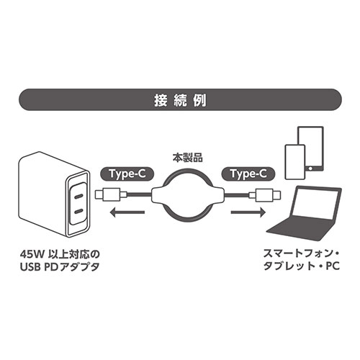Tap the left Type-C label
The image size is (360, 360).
125,174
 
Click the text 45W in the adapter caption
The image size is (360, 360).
35,254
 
